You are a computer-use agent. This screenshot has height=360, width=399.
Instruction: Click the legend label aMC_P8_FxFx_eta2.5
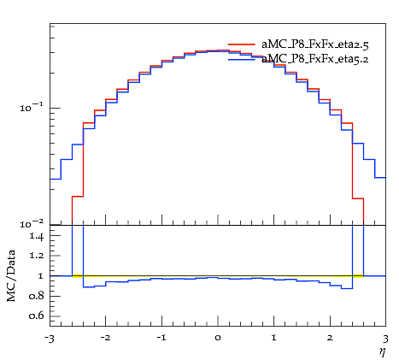tap(315, 44)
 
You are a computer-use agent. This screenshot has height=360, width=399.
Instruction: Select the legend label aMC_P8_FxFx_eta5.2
tap(315, 59)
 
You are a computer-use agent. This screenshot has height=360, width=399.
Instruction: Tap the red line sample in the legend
tap(242, 44)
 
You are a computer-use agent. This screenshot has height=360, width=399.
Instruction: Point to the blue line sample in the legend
tap(242, 59)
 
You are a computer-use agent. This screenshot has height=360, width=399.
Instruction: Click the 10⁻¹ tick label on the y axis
tap(32, 107)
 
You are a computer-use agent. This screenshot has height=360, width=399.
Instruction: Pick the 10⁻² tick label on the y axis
tap(32, 224)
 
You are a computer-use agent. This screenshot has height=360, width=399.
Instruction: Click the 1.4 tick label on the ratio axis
tap(37, 236)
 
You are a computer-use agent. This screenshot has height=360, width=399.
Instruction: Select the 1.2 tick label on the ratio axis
tap(37, 255)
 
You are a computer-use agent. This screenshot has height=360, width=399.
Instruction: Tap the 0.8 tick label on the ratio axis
tap(37, 296)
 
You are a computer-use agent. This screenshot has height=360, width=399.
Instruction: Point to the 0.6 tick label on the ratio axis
tap(37, 316)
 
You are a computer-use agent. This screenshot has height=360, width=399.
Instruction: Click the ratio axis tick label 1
tap(41, 276)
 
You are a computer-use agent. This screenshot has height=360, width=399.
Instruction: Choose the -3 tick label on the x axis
tap(49, 339)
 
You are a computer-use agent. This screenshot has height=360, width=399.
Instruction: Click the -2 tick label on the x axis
tap(105, 338)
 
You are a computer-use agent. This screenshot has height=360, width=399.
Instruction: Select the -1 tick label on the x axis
tap(161, 338)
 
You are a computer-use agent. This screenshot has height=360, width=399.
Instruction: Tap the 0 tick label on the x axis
tap(218, 339)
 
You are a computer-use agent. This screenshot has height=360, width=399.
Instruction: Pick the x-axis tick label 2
tap(330, 338)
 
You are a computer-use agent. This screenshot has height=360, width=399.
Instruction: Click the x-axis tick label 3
tap(385, 339)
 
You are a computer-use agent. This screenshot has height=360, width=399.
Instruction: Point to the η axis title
tap(383, 351)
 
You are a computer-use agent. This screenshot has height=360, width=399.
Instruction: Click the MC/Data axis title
tap(11, 275)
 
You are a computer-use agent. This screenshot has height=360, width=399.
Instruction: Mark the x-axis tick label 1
tap(273, 338)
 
